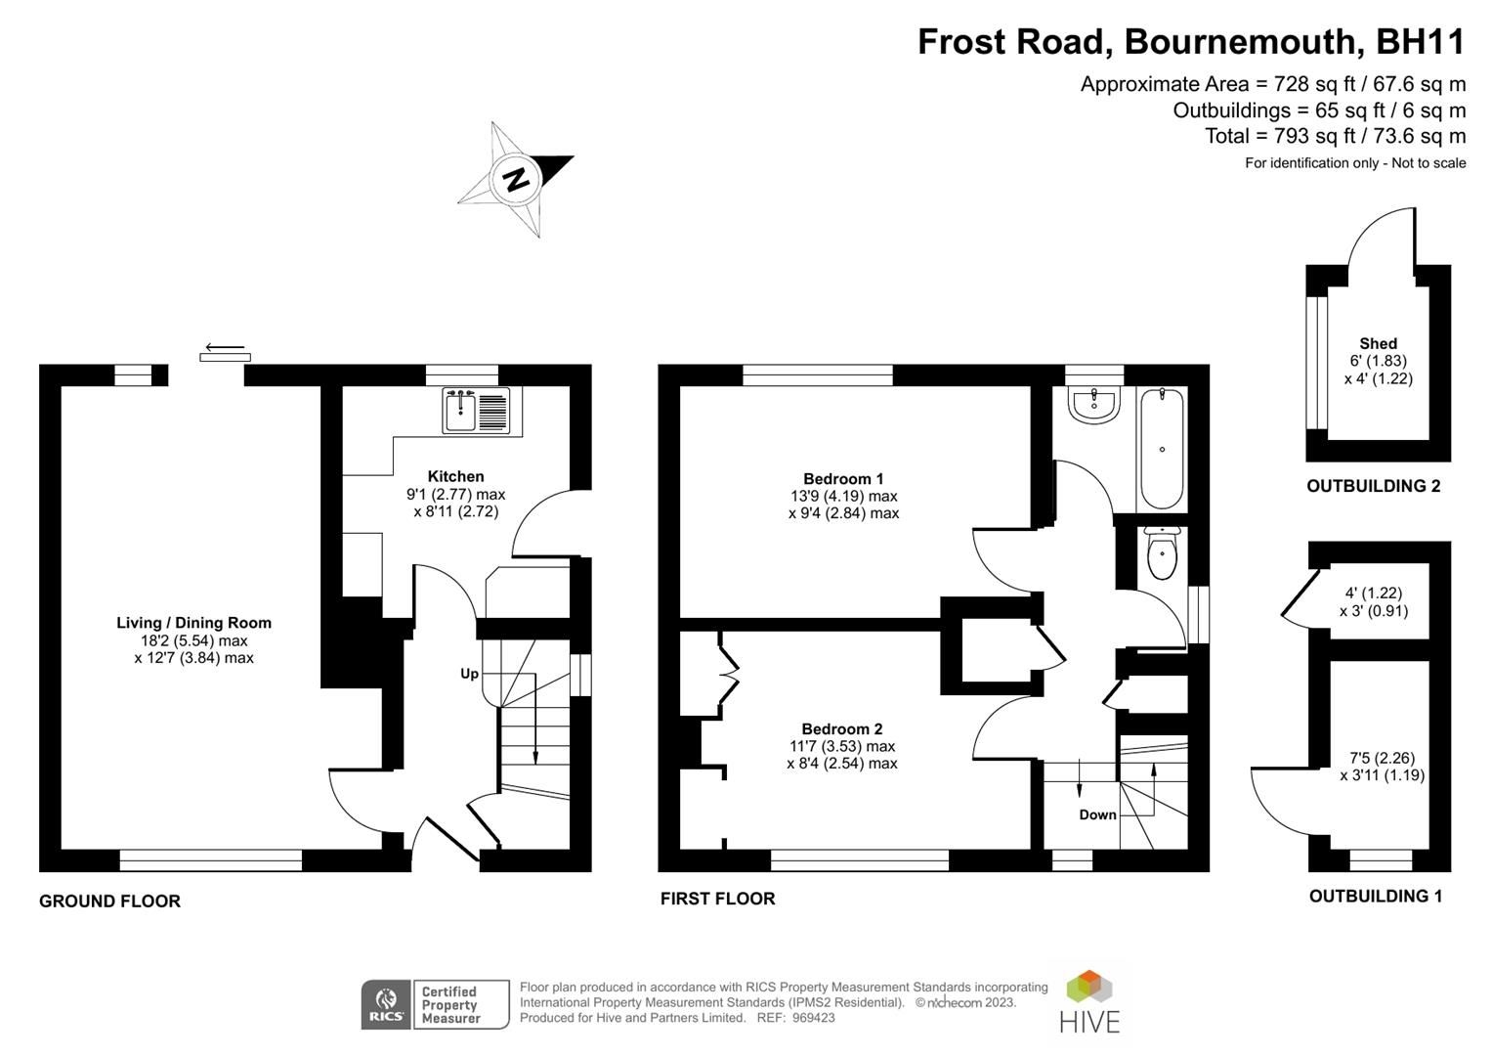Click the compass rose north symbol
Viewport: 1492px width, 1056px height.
coord(516,179)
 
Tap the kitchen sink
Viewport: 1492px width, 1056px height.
coord(475,410)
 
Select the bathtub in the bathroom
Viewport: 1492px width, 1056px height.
coord(1162,448)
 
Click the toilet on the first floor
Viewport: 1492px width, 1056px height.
coord(1162,554)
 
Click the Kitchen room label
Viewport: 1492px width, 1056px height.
coord(455,476)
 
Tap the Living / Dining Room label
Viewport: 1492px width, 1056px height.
coord(193,623)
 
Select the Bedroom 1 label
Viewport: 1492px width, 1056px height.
coord(843,478)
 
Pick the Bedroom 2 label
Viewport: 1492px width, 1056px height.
coord(841,728)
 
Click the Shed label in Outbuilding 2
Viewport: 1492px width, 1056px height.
coord(1378,343)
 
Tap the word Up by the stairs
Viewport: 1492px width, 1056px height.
coord(469,674)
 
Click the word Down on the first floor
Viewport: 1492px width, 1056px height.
coord(1097,814)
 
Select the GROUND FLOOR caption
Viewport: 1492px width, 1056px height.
coord(109,901)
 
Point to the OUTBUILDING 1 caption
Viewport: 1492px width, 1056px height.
coord(1375,896)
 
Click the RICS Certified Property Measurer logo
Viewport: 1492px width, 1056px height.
coord(435,1004)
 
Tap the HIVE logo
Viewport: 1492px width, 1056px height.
coord(1089,1002)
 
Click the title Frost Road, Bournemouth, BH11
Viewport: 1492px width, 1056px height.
coord(1191,42)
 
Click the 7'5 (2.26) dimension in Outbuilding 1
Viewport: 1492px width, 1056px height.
coord(1382,758)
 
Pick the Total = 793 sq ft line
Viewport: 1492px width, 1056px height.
coord(1335,136)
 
